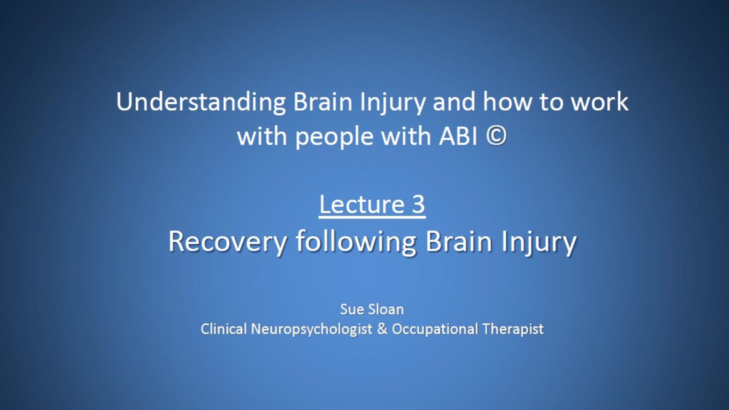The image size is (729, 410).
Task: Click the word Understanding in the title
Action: [x=201, y=102]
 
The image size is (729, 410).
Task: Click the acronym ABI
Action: [x=458, y=136]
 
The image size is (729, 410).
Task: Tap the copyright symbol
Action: [x=497, y=136]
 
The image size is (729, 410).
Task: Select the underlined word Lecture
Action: [x=362, y=205]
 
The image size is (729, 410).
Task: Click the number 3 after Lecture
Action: [x=419, y=205]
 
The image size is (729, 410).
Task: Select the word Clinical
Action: [x=224, y=329]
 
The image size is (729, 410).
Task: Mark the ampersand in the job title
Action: [x=382, y=329]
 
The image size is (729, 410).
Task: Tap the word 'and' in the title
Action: [x=454, y=102]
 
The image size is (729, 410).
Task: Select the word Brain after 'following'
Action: [x=458, y=241]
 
